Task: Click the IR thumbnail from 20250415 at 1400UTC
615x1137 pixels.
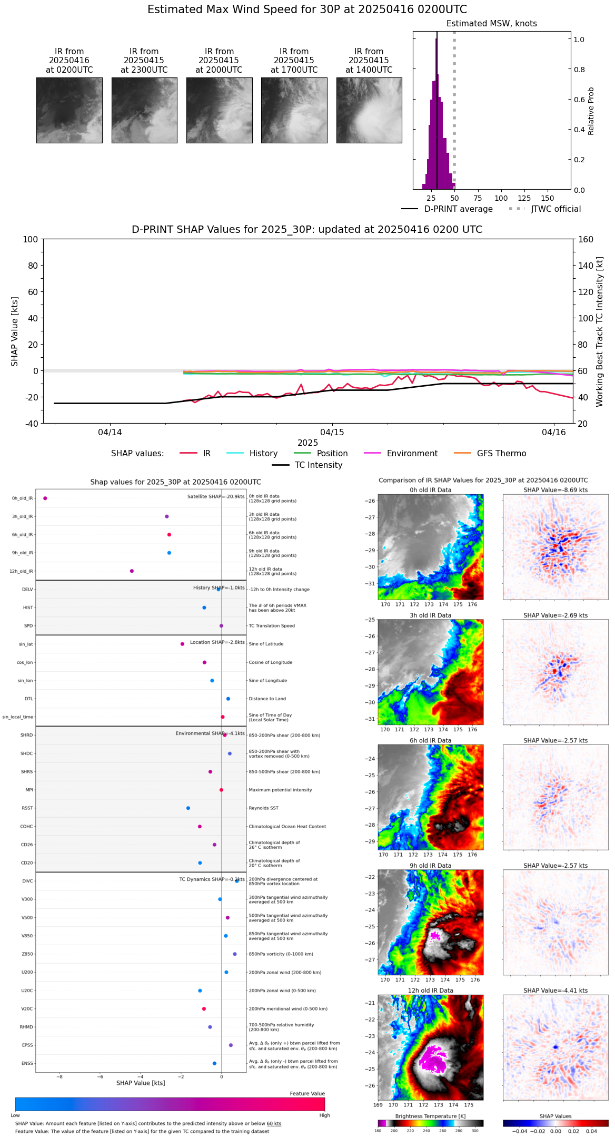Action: pos(369,110)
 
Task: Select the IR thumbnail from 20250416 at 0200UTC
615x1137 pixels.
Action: pos(70,110)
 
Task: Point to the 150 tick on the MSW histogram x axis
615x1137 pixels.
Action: pos(548,198)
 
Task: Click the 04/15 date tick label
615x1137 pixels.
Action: pos(332,433)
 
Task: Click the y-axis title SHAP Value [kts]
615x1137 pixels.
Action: pos(15,331)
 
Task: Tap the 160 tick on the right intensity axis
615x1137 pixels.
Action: pos(586,239)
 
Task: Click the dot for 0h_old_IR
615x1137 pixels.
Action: pos(45,498)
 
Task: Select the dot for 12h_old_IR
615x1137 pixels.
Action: pos(132,571)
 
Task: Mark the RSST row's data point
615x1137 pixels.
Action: pos(188,808)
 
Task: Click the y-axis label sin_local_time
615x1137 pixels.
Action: pos(18,717)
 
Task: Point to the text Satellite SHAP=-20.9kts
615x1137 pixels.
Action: pos(216,496)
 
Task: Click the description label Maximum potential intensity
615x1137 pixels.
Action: pos(280,790)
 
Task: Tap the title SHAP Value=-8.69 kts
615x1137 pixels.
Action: pos(556,490)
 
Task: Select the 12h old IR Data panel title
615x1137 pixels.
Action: pos(430,991)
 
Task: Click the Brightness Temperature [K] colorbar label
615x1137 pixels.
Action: pos(430,1116)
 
